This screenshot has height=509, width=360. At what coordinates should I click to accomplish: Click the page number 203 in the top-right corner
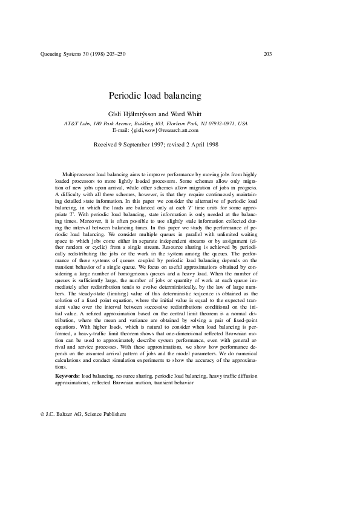click(x=267, y=54)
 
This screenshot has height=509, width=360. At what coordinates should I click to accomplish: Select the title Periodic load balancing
click(x=154, y=96)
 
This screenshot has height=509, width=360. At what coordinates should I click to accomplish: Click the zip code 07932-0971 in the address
click(x=220, y=123)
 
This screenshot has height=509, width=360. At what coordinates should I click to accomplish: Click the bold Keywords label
click(x=67, y=376)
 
